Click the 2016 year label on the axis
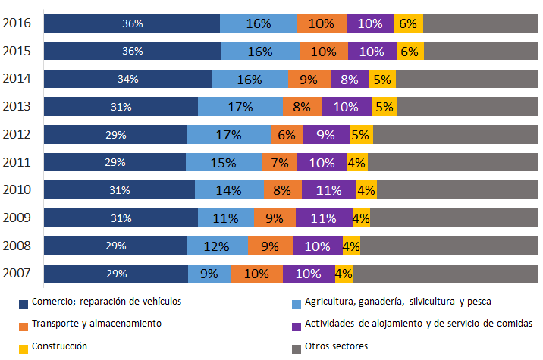pos(17,23)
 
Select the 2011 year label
pos(17,162)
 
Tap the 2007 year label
pos(17,273)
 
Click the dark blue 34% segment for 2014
pos(127,79)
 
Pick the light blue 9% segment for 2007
pos(209,274)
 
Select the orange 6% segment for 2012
pos(287,135)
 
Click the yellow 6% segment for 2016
pos(409,23)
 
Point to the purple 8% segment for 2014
pos(350,79)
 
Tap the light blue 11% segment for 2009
pos(226,218)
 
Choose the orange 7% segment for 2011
pos(280,162)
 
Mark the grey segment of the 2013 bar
pos(467,107)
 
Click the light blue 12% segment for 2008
pos(217,246)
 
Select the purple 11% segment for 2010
pos(329,190)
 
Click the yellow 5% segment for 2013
pos(384,107)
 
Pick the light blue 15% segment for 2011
pos(224,162)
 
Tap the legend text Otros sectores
pos(336,346)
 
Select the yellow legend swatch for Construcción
pos(24,349)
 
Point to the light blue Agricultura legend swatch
pos(297,304)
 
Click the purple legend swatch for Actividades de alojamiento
pos(297,327)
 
